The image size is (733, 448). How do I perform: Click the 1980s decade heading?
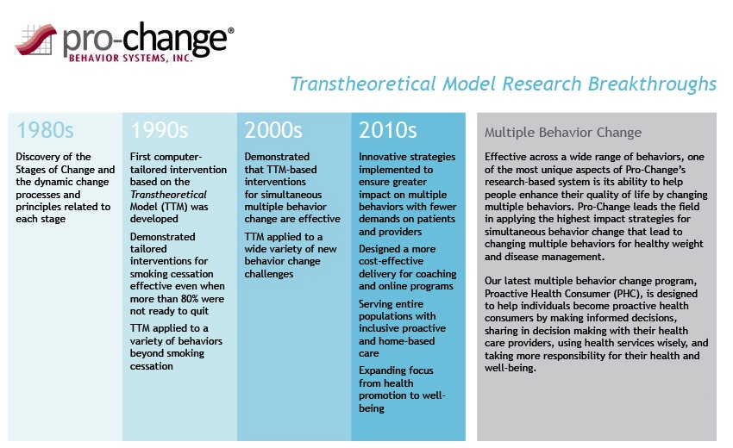pyautogui.click(x=45, y=130)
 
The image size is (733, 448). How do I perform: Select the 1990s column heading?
pyautogui.click(x=160, y=130)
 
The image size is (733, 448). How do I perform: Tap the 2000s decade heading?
pyautogui.click(x=273, y=130)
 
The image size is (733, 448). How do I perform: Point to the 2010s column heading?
pyautogui.click(x=387, y=130)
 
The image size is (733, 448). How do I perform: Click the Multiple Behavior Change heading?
pyautogui.click(x=563, y=133)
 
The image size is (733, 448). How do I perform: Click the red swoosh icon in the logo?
pyautogui.click(x=36, y=40)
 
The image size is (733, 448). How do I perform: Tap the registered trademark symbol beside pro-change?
pyautogui.click(x=230, y=30)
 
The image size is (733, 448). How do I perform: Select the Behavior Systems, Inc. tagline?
pyautogui.click(x=130, y=58)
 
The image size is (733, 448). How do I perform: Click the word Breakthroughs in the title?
pyautogui.click(x=652, y=84)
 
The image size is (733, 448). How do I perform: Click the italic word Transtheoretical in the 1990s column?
pyautogui.click(x=168, y=195)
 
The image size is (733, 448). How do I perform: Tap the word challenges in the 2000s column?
pyautogui.click(x=269, y=274)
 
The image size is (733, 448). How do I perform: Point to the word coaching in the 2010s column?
pyautogui.click(x=437, y=274)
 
